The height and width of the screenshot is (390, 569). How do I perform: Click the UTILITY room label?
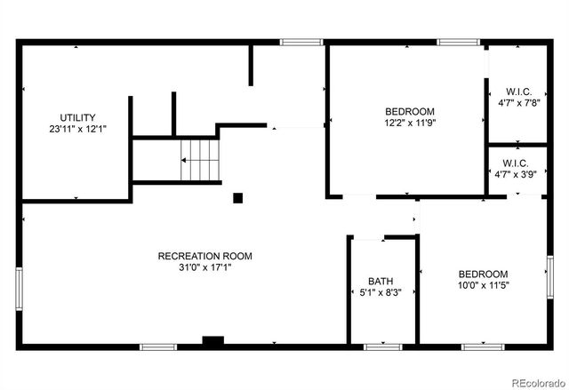[x=77, y=117]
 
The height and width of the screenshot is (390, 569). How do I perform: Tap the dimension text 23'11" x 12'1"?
[x=77, y=129]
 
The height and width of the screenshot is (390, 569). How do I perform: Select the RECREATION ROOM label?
[x=204, y=256]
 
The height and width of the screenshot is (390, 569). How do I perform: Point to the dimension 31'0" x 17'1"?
[x=204, y=267]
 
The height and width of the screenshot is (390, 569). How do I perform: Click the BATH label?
[x=381, y=281]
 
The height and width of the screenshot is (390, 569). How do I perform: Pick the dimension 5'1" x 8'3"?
[x=381, y=292]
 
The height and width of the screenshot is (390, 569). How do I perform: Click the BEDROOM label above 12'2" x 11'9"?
[x=410, y=111]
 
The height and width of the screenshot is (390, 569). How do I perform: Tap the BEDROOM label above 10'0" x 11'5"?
[x=483, y=274]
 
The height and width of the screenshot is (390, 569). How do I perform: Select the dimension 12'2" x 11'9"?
[x=410, y=123]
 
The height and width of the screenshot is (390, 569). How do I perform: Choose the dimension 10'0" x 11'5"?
[x=483, y=285]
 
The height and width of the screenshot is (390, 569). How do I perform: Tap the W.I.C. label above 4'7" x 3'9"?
[x=517, y=163]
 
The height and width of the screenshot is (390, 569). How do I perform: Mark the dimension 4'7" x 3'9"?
[x=517, y=174]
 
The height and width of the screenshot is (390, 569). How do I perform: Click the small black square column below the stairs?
[x=237, y=197]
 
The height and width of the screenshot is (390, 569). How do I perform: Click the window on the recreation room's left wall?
[x=20, y=288]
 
